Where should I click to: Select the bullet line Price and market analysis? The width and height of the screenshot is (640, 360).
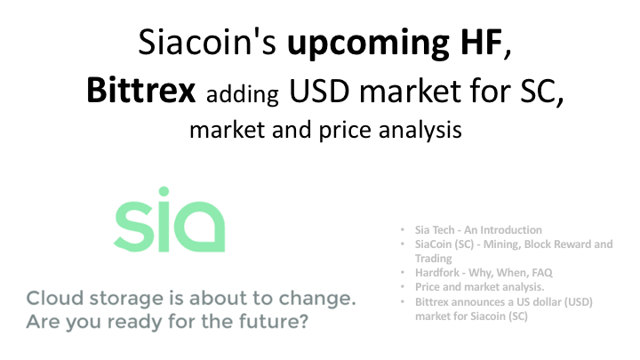coord(477,287)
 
